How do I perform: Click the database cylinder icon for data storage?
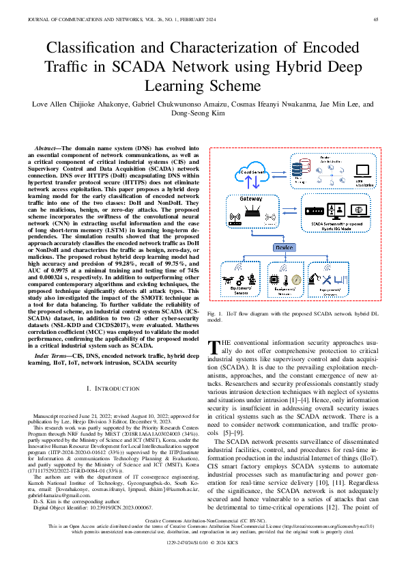point(298,167)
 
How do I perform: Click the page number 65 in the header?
point(376,19)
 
